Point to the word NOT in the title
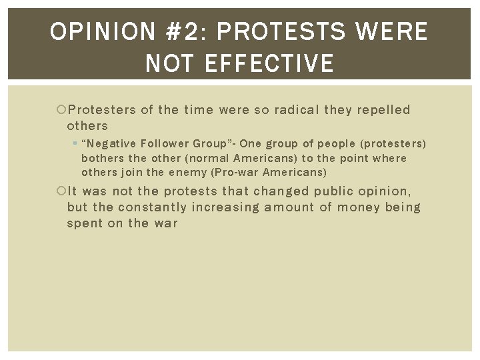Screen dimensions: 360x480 (167, 64)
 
